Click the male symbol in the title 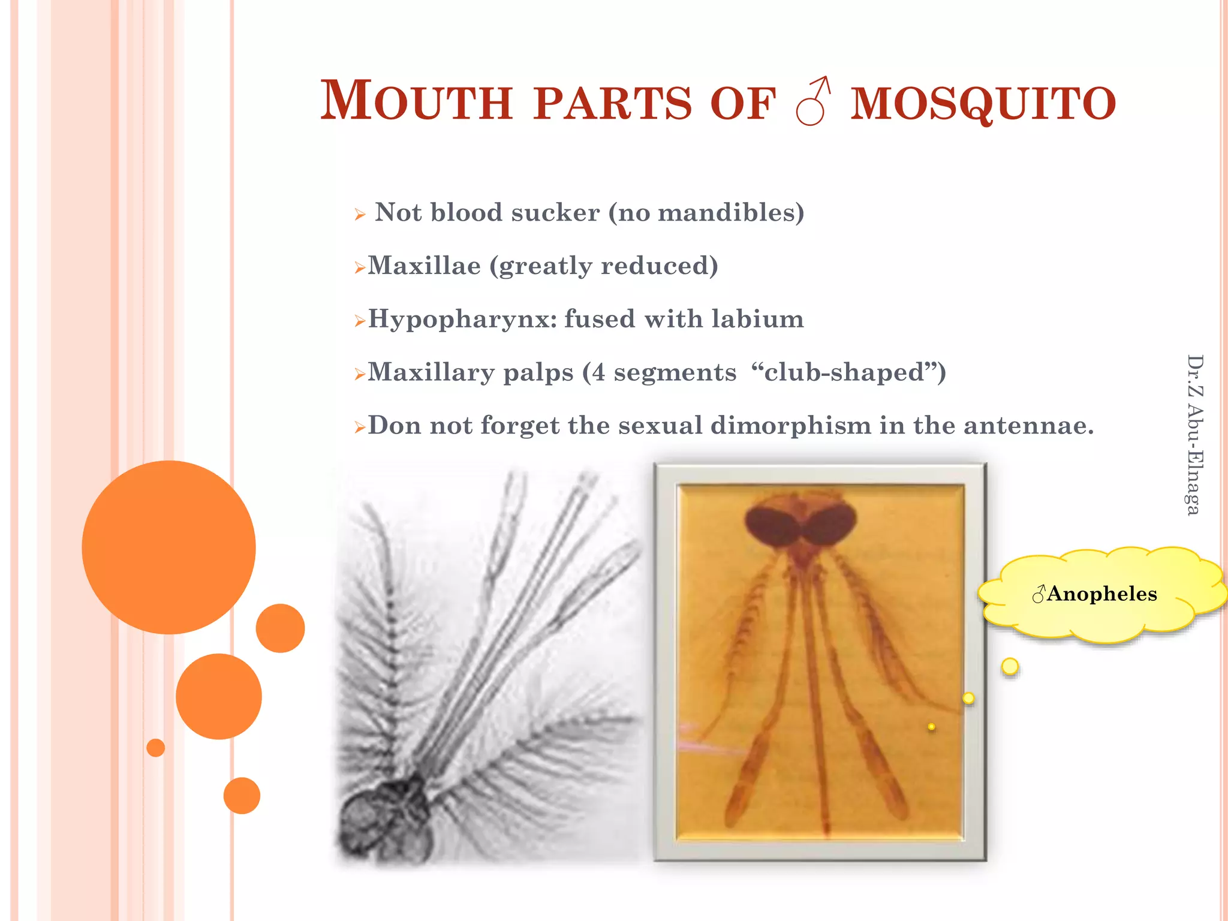click(813, 101)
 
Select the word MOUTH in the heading click(416, 101)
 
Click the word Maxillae click(424, 266)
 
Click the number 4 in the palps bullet click(598, 372)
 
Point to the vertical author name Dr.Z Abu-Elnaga click(1194, 435)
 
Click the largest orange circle click(168, 547)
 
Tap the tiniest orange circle click(156, 748)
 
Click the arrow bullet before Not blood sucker click(360, 214)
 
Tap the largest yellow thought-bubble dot click(1010, 666)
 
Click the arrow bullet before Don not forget click(360, 428)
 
